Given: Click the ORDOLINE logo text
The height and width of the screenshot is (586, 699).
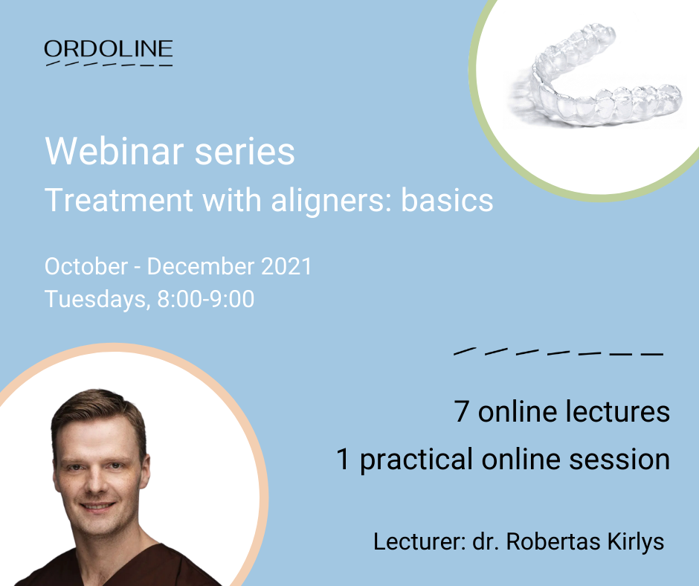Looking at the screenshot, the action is tap(109, 48).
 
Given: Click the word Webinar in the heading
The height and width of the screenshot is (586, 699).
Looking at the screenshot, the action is tap(115, 151).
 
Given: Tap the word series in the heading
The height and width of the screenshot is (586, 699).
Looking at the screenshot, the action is tap(245, 152).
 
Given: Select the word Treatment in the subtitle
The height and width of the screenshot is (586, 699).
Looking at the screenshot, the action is tap(119, 199).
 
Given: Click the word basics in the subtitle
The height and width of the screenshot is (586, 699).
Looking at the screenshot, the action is tap(447, 199).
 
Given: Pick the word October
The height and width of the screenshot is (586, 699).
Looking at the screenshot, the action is tap(86, 266).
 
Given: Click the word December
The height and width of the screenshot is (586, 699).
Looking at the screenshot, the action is tap(201, 266).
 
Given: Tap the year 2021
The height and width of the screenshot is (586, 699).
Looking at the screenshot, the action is tap(286, 266).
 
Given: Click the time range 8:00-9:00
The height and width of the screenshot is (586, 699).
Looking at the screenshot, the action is tap(206, 299).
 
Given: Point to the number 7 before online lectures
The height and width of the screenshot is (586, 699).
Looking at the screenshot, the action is tap(461, 411).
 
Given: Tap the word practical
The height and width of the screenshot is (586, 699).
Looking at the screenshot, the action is tap(416, 460).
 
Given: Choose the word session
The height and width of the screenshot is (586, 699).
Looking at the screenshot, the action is tap(619, 460).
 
